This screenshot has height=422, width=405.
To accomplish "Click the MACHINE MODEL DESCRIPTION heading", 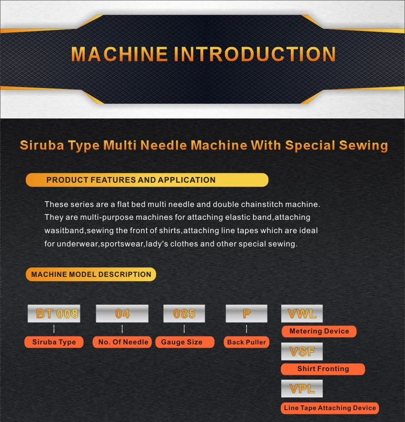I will tap(91, 274).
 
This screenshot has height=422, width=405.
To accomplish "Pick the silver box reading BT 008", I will tap(54, 314).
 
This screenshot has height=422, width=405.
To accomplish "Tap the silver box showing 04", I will tap(122, 314).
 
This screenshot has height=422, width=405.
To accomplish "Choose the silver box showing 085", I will tap(184, 314).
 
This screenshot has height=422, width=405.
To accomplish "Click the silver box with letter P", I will tap(246, 314).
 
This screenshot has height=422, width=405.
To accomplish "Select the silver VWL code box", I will tap(302, 314).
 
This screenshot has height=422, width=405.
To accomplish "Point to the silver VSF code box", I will tap(302, 351).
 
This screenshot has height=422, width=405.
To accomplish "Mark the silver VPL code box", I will tap(302, 389).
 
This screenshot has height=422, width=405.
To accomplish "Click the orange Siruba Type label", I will tap(54, 342).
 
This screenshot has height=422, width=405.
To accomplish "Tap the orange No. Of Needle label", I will tap(123, 342).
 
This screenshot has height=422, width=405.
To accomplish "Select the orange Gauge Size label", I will tap(184, 342).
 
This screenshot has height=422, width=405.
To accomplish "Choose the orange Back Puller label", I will tap(246, 342).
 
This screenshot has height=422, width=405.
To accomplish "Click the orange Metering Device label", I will tap(319, 331).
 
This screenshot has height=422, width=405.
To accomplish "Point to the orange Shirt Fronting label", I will tap(323, 369).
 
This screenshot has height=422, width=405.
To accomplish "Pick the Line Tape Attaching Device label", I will tap(330, 408).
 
